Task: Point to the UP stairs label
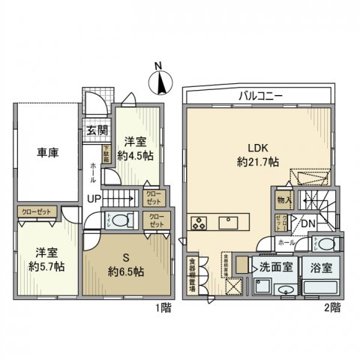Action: (94, 199)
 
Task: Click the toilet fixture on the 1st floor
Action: (123, 220)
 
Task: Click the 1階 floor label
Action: (161, 307)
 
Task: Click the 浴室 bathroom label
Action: (320, 265)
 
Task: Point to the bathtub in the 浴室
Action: (321, 289)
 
